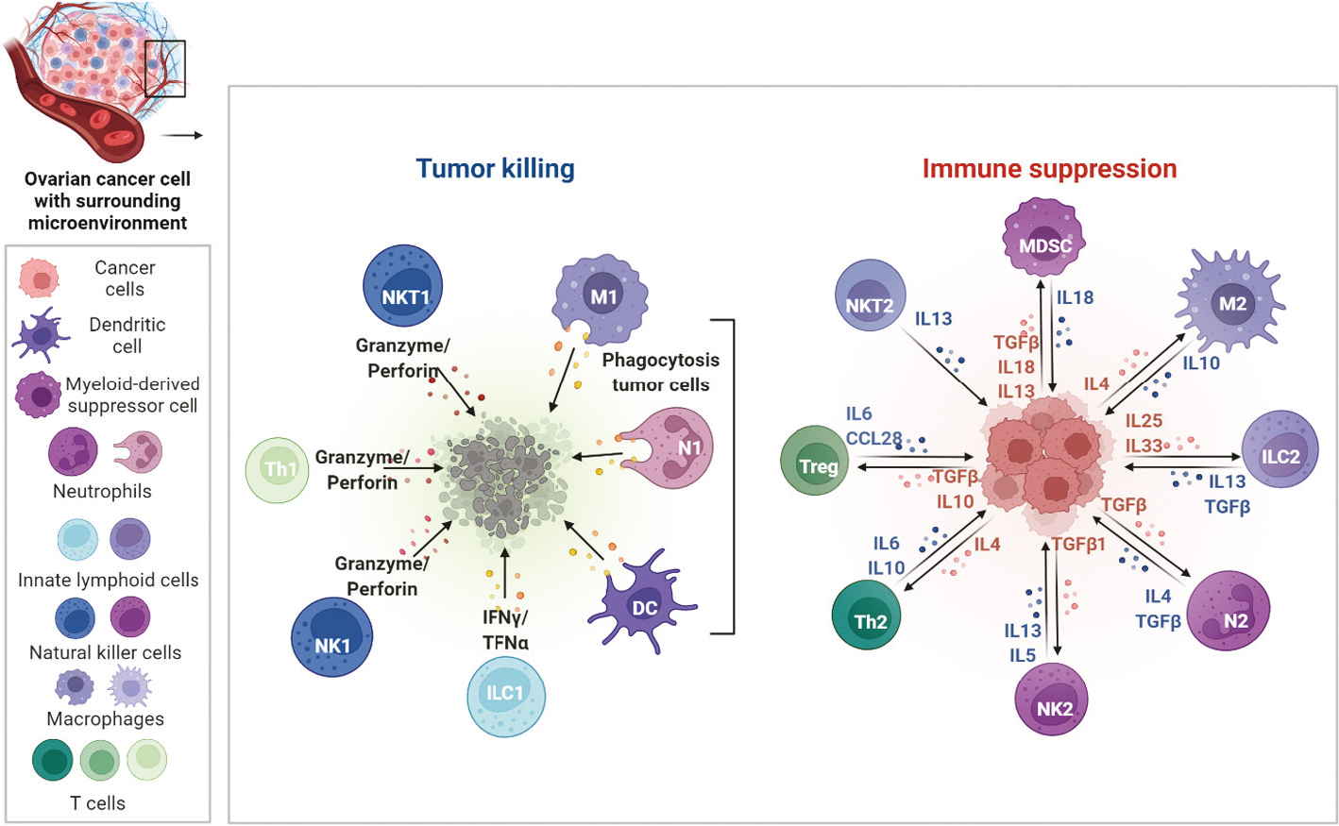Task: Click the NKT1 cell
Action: [403, 287]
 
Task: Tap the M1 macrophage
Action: [602, 297]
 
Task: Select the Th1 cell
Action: [277, 469]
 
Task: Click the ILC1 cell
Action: [506, 696]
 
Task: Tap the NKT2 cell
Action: [870, 297]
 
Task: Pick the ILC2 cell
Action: [1280, 451]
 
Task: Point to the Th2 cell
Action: [869, 617]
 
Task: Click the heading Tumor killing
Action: [495, 168]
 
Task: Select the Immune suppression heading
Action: [1049, 168]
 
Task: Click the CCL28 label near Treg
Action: [873, 438]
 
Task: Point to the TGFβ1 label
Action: [1078, 545]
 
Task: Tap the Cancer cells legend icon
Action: [40, 278]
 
